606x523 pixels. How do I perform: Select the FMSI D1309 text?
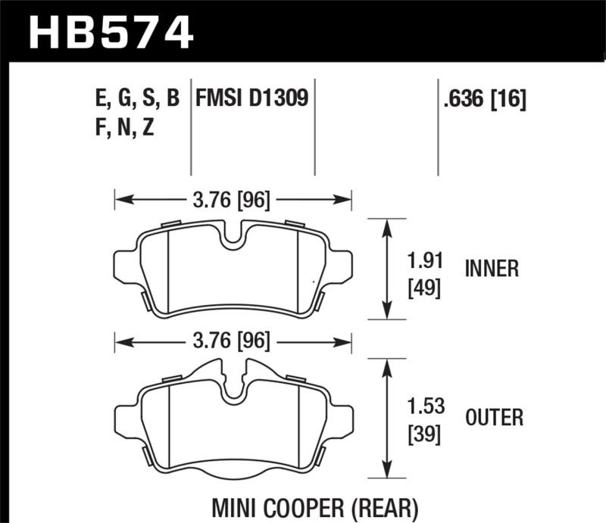(253, 98)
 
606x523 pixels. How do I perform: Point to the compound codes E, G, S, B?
(133, 98)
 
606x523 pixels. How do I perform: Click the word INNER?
(492, 269)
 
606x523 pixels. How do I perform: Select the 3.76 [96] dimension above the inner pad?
(232, 201)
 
